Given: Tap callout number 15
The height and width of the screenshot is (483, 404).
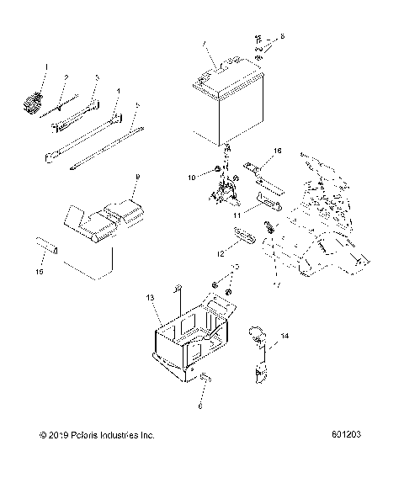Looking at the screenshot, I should [38, 272].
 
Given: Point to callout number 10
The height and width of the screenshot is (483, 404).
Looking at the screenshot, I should [192, 178].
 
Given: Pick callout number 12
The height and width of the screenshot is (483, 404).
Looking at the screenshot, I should [221, 252].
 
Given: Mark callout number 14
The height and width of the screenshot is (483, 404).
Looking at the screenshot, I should [284, 336].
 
